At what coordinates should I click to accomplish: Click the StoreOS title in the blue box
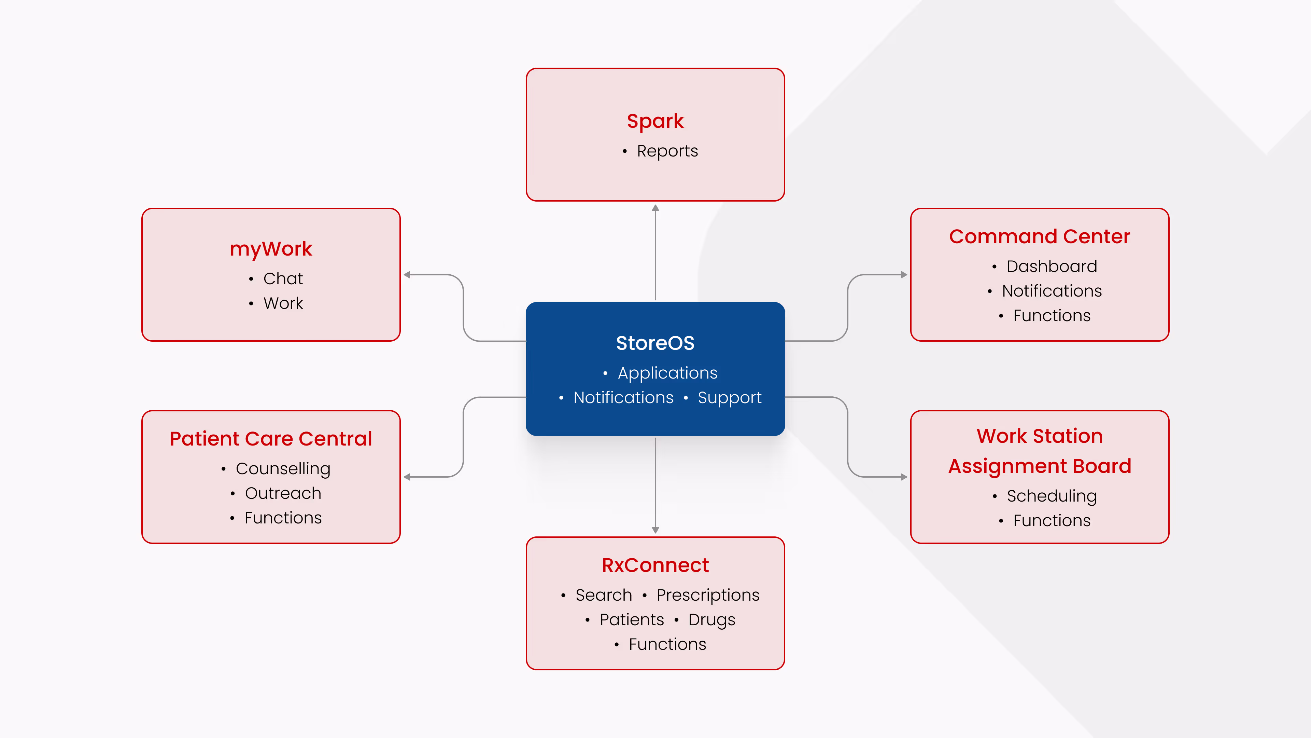(x=655, y=343)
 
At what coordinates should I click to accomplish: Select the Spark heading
(x=655, y=121)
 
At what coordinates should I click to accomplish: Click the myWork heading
(x=271, y=249)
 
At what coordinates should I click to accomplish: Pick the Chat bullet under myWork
(x=282, y=278)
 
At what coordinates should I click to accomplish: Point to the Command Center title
(x=1039, y=237)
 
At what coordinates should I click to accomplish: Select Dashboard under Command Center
(x=1052, y=266)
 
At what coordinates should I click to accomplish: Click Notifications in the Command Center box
(x=1052, y=291)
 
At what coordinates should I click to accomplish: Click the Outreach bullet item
(x=283, y=493)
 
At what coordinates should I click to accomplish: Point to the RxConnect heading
(x=655, y=565)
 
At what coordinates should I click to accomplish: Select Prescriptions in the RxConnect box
(x=707, y=595)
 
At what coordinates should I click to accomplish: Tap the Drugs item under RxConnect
(x=711, y=620)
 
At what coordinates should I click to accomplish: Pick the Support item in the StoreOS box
(x=729, y=398)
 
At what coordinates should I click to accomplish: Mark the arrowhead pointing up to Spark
(x=655, y=208)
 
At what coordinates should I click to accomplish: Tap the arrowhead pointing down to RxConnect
(x=655, y=530)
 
